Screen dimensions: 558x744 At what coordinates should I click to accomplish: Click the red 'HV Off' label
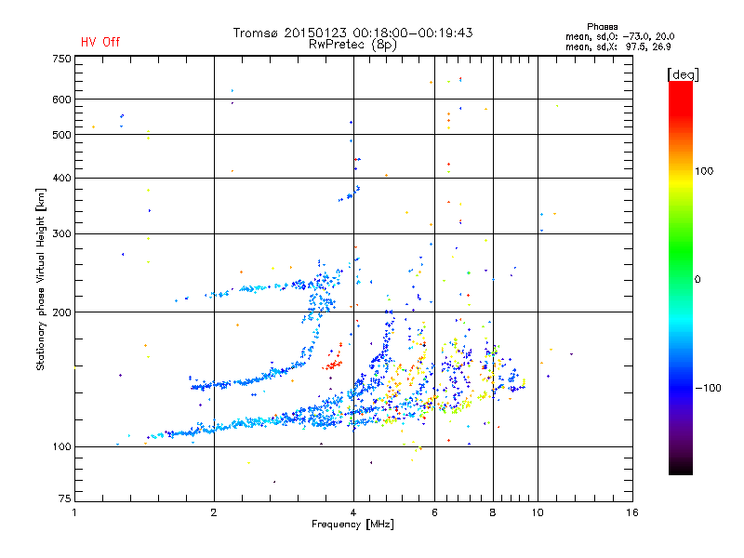coord(100,42)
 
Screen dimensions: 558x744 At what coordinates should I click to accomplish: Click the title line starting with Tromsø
coord(352,33)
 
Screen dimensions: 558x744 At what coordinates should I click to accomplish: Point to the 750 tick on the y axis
coord(61,59)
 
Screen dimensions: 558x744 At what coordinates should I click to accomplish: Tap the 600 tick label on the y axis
coord(61,100)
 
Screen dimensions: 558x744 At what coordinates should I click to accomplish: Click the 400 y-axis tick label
coord(61,178)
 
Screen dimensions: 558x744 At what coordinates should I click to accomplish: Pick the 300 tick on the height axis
coord(61,233)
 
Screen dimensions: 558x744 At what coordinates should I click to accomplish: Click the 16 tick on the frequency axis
coord(631,512)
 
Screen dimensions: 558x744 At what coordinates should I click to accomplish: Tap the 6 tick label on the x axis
coord(434,512)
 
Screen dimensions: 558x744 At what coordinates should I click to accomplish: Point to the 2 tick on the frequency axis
coord(214,512)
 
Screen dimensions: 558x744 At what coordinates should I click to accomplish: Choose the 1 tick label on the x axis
coord(75,512)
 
